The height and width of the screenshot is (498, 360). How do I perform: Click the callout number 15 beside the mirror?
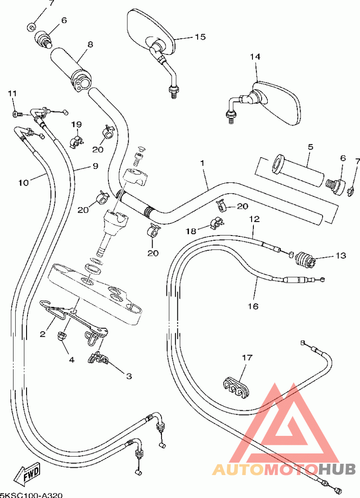click(x=200, y=37)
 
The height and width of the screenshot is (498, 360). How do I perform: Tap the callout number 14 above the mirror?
click(x=255, y=57)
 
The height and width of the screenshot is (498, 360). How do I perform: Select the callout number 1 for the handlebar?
click(x=202, y=163)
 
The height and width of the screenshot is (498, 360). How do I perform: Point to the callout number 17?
click(x=247, y=358)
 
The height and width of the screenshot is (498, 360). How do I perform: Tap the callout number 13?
click(x=340, y=255)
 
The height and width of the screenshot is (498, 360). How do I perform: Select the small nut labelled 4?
click(x=61, y=336)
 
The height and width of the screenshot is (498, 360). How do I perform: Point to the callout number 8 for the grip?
click(x=90, y=45)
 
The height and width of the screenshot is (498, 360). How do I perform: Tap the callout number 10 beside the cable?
click(x=23, y=183)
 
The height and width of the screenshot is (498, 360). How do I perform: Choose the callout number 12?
click(x=254, y=219)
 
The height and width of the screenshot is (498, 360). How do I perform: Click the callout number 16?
click(x=253, y=306)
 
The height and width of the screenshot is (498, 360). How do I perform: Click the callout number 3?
click(x=129, y=377)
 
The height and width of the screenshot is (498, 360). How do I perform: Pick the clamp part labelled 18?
click(x=216, y=223)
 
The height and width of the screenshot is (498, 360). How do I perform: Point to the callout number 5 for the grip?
click(x=310, y=147)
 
